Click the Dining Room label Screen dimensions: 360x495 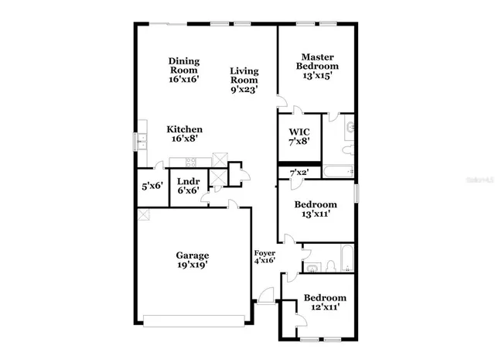(x=184, y=62)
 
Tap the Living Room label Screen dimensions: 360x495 (x=244, y=76)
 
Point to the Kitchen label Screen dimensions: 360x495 (x=185, y=129)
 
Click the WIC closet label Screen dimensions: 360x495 (x=299, y=132)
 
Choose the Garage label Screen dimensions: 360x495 (x=193, y=255)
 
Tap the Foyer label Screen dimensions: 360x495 (x=265, y=252)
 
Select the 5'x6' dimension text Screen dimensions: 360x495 (x=151, y=187)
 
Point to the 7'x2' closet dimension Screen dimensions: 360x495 (x=299, y=172)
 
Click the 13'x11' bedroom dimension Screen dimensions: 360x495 (x=314, y=215)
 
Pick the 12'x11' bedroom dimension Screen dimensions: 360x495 (x=324, y=308)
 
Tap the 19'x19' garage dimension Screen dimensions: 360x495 (x=193, y=266)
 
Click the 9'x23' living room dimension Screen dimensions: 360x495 (x=244, y=90)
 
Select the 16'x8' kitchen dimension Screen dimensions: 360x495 (x=185, y=139)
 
